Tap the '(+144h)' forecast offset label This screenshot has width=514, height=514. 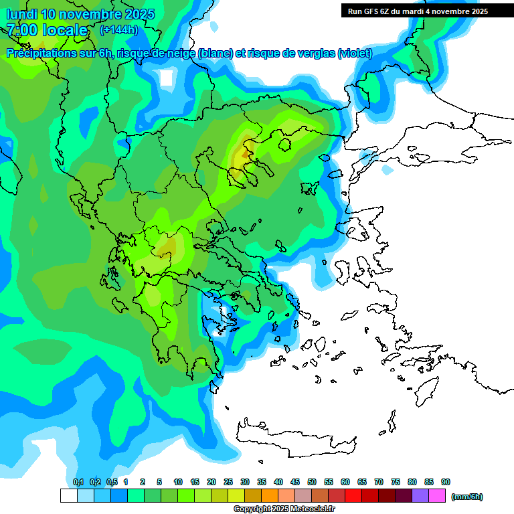click(x=118, y=29)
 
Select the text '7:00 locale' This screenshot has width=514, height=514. click(x=47, y=30)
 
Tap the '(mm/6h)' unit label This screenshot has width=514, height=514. click(x=466, y=497)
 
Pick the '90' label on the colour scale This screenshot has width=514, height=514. click(x=446, y=482)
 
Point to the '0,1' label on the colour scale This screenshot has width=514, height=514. click(x=78, y=482)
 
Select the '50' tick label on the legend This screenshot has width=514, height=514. click(x=312, y=482)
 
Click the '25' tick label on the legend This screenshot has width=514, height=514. click(x=228, y=482)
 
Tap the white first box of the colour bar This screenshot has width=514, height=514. click(x=68, y=495)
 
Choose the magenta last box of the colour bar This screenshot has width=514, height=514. click(x=437, y=495)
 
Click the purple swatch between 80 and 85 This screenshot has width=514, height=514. click(x=420, y=495)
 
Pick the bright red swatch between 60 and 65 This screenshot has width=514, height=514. click(x=353, y=495)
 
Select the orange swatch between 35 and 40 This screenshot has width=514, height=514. click(x=270, y=495)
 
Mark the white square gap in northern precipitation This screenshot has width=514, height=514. click(x=167, y=78)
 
